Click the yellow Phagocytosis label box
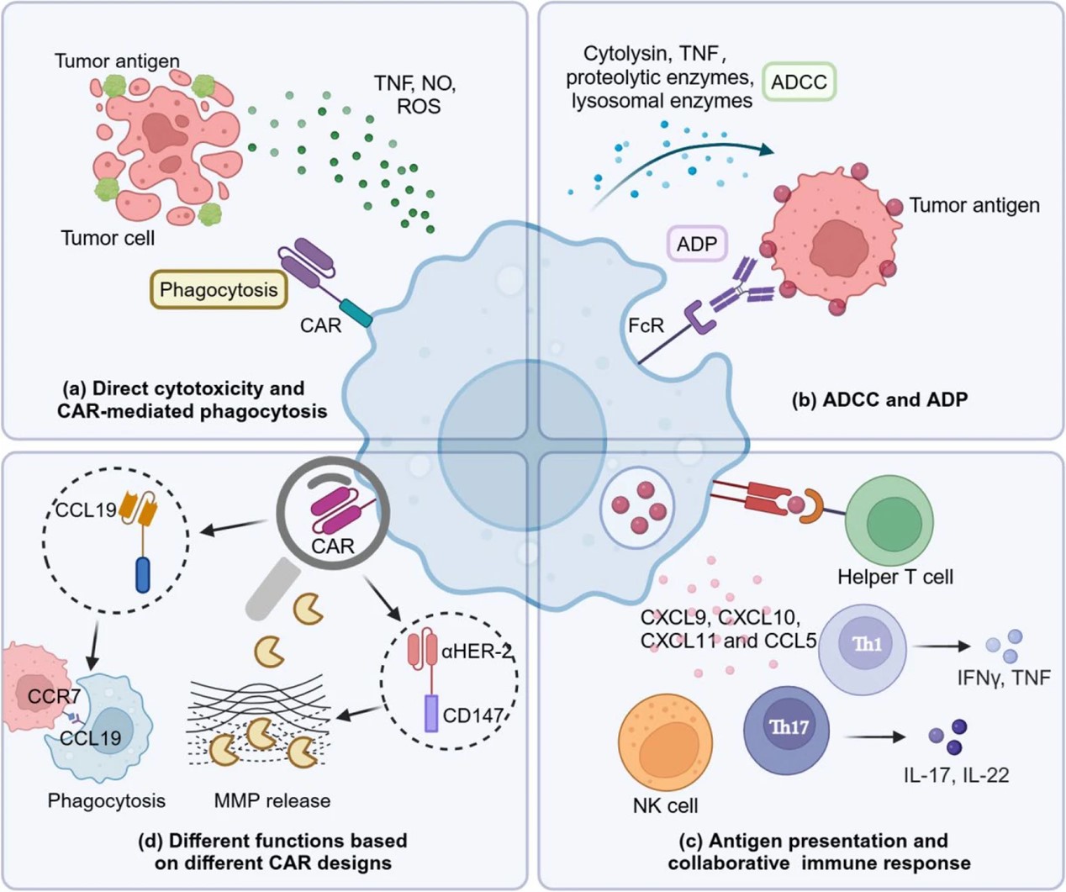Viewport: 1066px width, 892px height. pyautogui.click(x=218, y=290)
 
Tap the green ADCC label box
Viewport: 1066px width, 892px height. pyautogui.click(x=799, y=82)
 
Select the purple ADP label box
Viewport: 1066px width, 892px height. pyautogui.click(x=697, y=244)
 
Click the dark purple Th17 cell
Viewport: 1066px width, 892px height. pyautogui.click(x=787, y=728)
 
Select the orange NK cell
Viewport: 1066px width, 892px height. pyautogui.click(x=665, y=743)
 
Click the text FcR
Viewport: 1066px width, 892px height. pyautogui.click(x=646, y=325)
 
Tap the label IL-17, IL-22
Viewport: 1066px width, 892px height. pyautogui.click(x=956, y=774)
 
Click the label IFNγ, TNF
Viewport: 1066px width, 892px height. pyautogui.click(x=1003, y=677)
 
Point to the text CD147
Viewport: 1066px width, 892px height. pyautogui.click(x=472, y=715)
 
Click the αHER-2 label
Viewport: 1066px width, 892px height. pyautogui.click(x=477, y=650)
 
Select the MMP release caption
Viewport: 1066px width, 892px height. pyautogui.click(x=272, y=800)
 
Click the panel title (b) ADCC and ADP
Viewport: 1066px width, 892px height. pyautogui.click(x=879, y=399)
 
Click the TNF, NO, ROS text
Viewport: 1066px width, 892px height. pyautogui.click(x=414, y=95)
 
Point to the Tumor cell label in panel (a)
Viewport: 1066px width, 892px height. pyautogui.click(x=108, y=238)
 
